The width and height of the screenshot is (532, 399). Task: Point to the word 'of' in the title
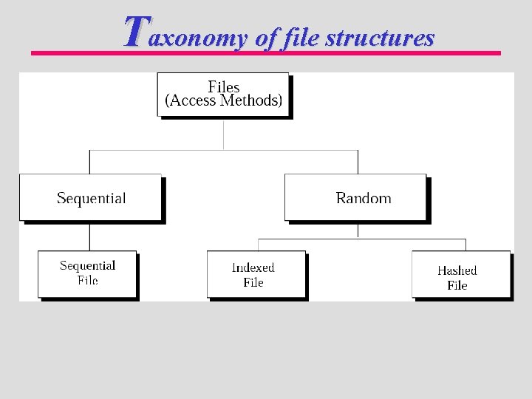[x=264, y=38]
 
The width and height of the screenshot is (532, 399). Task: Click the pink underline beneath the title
[x=266, y=53]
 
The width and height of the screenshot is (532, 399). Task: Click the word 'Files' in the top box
[x=223, y=87]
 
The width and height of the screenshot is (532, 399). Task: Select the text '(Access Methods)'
[x=223, y=101]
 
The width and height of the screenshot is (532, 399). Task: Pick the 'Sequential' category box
[x=90, y=197]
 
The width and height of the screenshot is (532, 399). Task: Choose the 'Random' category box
[x=355, y=197]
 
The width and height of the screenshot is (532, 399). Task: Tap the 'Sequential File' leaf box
[x=87, y=273]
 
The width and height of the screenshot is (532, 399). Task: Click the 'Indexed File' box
[x=256, y=274]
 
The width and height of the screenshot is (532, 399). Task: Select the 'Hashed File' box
[x=460, y=274]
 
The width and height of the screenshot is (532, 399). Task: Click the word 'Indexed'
[x=253, y=267]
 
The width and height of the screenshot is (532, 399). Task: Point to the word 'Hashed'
[x=457, y=270]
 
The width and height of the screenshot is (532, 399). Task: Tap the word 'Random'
[x=364, y=198]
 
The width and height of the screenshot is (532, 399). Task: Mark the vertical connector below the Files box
[x=223, y=134]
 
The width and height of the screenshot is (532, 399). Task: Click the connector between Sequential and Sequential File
[x=89, y=236]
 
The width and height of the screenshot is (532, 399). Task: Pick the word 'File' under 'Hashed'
[x=457, y=285]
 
